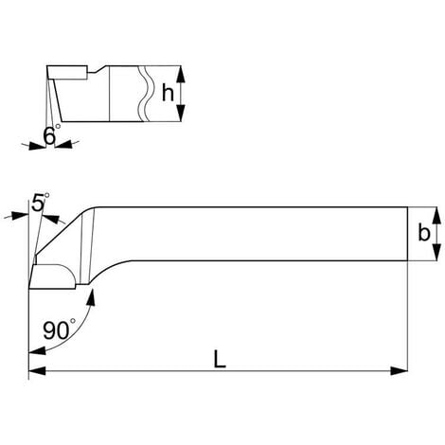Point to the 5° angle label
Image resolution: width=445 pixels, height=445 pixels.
(x=40, y=202)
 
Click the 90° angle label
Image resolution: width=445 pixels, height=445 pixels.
(x=59, y=331)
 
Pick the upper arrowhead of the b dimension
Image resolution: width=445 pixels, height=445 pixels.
(x=436, y=213)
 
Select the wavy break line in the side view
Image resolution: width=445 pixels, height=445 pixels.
(x=144, y=93)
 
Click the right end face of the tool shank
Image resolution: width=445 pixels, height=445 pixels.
(x=406, y=235)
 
